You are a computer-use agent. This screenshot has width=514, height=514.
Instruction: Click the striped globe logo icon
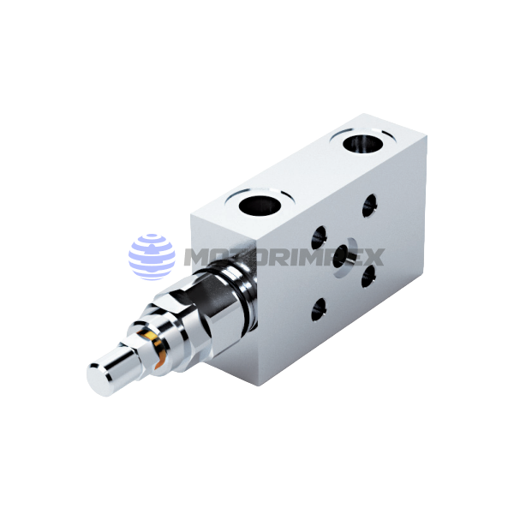click(152, 256)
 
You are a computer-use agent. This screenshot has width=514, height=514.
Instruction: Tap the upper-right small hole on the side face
click(370, 205)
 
